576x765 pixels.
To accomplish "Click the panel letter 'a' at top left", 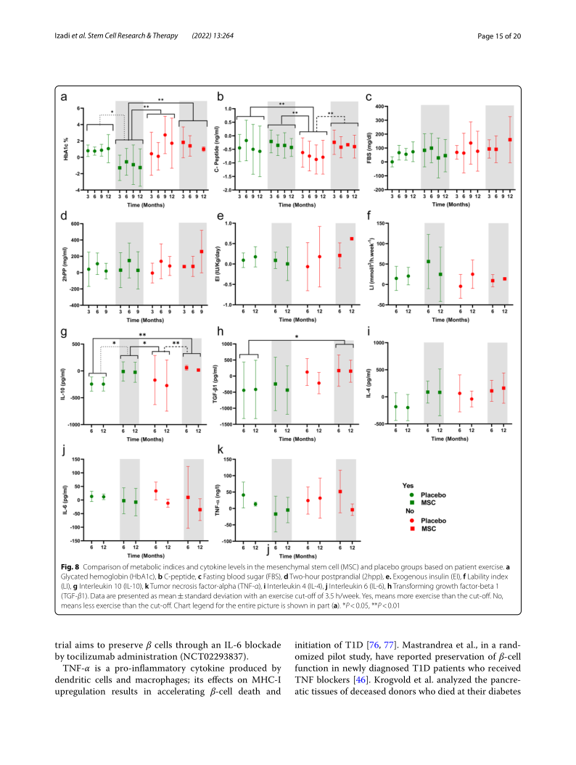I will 65,97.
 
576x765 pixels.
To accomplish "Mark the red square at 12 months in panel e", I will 352,239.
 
